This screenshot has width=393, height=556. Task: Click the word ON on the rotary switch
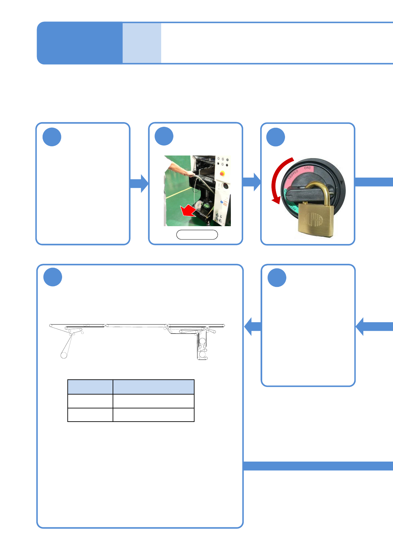pos(307,168)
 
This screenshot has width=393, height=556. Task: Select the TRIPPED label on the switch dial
pos(293,174)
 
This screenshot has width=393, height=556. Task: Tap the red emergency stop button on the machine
pos(222,173)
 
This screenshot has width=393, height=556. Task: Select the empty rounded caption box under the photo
pos(197,235)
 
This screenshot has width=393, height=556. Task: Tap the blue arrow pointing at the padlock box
pos(252,182)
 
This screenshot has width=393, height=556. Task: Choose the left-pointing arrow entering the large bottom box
pos(253,327)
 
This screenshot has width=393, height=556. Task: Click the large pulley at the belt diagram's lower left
pos(64,355)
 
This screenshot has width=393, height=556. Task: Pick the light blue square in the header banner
pos(142,43)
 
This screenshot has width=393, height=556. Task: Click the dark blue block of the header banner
pos(80,43)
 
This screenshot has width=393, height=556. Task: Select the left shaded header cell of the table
pos(90,387)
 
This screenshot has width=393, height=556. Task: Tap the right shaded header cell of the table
pos(153,387)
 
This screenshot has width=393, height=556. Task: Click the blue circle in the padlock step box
pos(276,137)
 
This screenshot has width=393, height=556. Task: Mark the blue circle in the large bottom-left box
pos(53,277)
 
